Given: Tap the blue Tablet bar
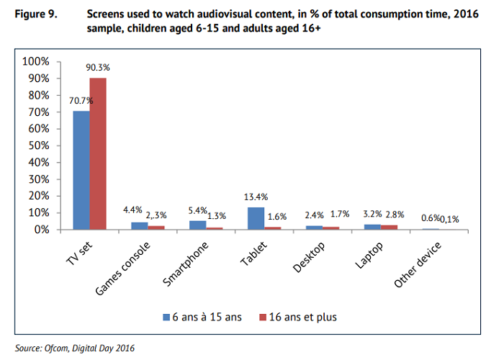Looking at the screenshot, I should point(256,218).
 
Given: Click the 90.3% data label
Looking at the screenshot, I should point(97,68).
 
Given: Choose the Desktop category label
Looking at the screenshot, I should point(309,255).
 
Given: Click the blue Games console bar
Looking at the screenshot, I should point(140,225).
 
